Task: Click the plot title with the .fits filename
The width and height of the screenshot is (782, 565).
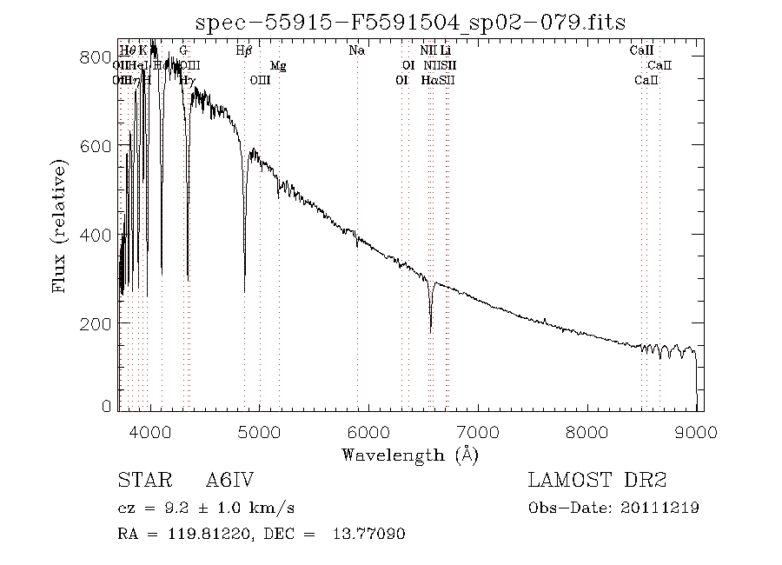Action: [410, 22]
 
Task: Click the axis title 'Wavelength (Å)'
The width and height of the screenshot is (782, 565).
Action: [410, 454]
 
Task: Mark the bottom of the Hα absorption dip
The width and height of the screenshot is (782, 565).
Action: [431, 330]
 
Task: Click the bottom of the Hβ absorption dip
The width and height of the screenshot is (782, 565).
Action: [245, 291]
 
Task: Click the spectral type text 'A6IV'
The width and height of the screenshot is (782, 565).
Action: [230, 481]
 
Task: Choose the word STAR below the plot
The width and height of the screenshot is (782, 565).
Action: [142, 481]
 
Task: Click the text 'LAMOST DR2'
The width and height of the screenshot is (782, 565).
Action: [597, 481]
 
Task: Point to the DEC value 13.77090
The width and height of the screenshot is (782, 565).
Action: [370, 534]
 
